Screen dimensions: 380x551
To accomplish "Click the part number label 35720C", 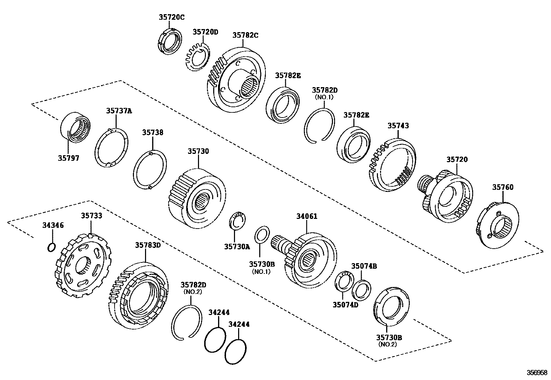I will pos(172,17).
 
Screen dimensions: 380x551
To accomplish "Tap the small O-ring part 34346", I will pos(51,247).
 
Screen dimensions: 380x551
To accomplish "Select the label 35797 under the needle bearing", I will pos(69,158).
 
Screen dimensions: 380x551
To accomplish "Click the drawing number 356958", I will pos(537,373).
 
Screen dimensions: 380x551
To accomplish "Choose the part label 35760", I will pos(503,187).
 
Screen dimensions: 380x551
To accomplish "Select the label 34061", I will pos(307,216).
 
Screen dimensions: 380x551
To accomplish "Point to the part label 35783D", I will pos(148,245).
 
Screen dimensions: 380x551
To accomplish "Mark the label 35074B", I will pos(364,266).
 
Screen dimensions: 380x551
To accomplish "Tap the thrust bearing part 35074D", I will pos(343,281).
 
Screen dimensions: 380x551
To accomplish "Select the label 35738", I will pos(153,132).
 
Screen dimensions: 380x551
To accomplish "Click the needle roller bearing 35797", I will pos(75,127).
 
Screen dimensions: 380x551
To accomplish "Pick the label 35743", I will pos(398,126).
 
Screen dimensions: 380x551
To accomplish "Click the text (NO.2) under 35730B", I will pos(388,344).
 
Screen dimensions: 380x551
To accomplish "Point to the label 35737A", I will pos(119,111).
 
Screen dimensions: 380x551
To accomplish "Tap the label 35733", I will pos(92,216).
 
